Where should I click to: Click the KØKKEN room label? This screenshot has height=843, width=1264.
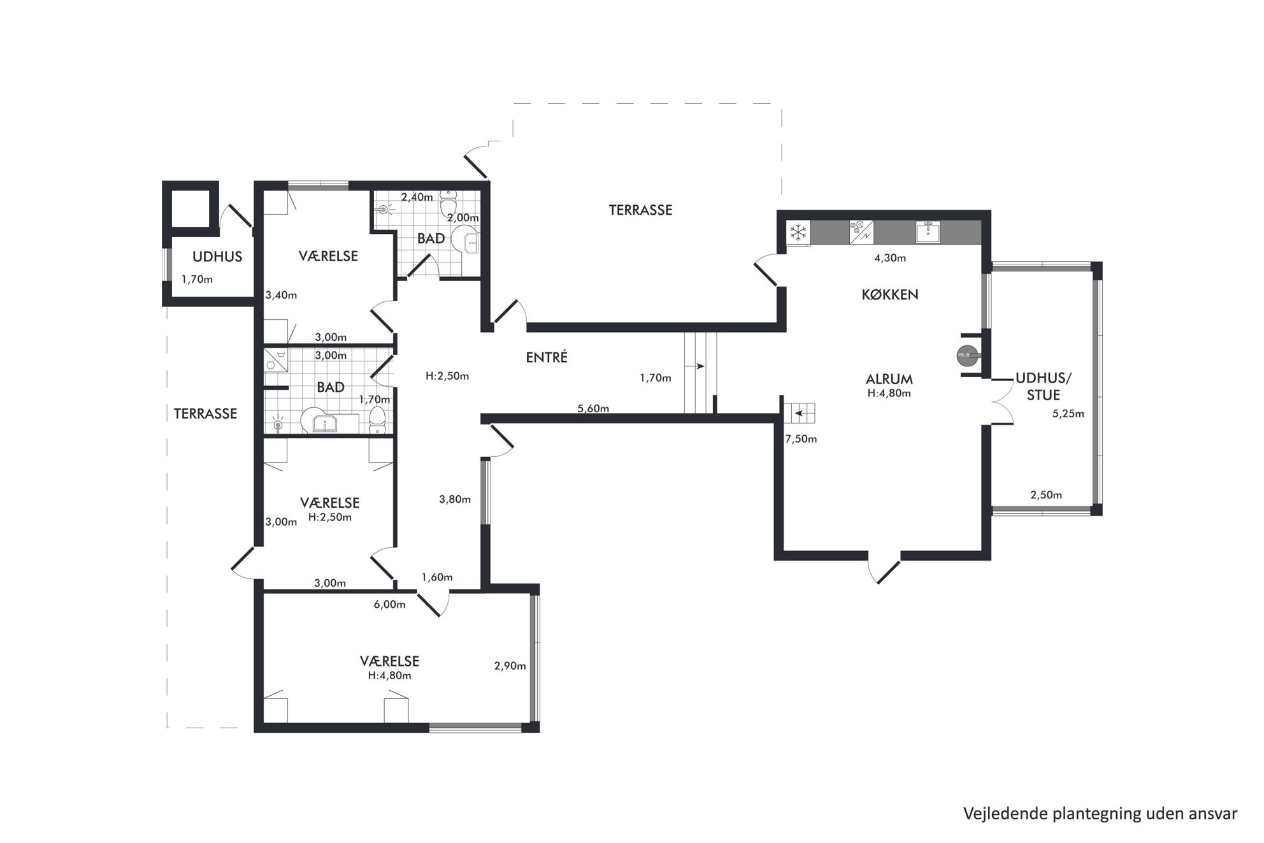[890, 294]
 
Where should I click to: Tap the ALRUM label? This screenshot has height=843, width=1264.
[889, 380]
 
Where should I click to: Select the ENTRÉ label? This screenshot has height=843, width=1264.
[547, 357]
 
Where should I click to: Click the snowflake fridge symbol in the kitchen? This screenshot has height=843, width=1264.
[798, 232]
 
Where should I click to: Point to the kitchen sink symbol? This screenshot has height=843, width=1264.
[928, 232]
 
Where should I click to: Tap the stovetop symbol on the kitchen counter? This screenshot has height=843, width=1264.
[861, 232]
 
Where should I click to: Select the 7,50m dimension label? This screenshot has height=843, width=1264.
[801, 439]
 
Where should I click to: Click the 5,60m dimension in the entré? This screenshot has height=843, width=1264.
[593, 408]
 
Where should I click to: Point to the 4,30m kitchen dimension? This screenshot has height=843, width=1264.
[890, 258]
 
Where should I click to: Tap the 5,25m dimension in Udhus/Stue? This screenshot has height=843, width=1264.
[1068, 414]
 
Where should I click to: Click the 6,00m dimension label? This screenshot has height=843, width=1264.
[389, 605]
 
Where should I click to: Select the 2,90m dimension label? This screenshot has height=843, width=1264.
[510, 666]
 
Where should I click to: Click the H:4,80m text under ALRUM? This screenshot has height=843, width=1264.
[889, 393]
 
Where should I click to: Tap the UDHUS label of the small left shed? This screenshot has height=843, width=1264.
[217, 257]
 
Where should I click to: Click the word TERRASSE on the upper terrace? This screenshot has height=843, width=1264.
[640, 210]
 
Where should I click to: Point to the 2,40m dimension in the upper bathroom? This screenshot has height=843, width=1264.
[417, 197]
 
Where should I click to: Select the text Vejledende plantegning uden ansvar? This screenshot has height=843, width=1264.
[1100, 814]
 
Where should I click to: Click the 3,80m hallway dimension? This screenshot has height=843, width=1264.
[455, 500]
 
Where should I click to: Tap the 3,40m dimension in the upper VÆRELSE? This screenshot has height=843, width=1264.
[281, 295]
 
